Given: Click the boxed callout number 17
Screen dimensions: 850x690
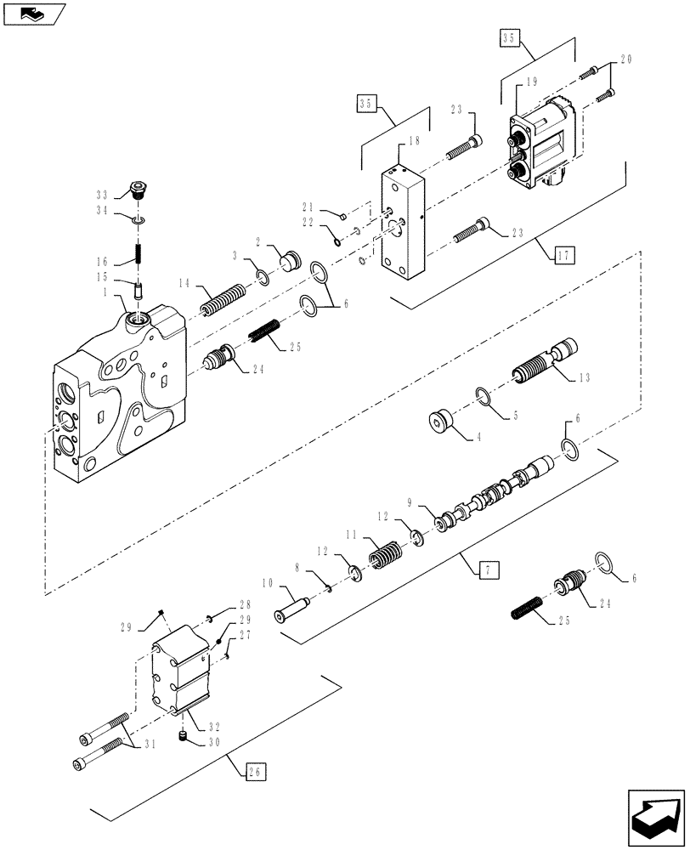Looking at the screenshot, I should (x=563, y=252).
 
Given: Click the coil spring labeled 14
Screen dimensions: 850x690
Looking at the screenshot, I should (x=222, y=300).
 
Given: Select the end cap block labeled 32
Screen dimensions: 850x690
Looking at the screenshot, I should (x=179, y=678).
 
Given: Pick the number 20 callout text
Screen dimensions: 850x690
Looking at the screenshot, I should (x=626, y=59).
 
